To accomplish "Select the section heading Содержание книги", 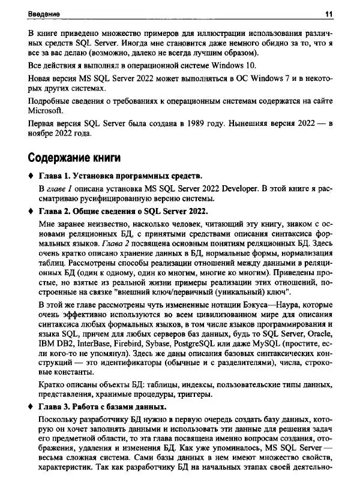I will click(75, 158).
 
